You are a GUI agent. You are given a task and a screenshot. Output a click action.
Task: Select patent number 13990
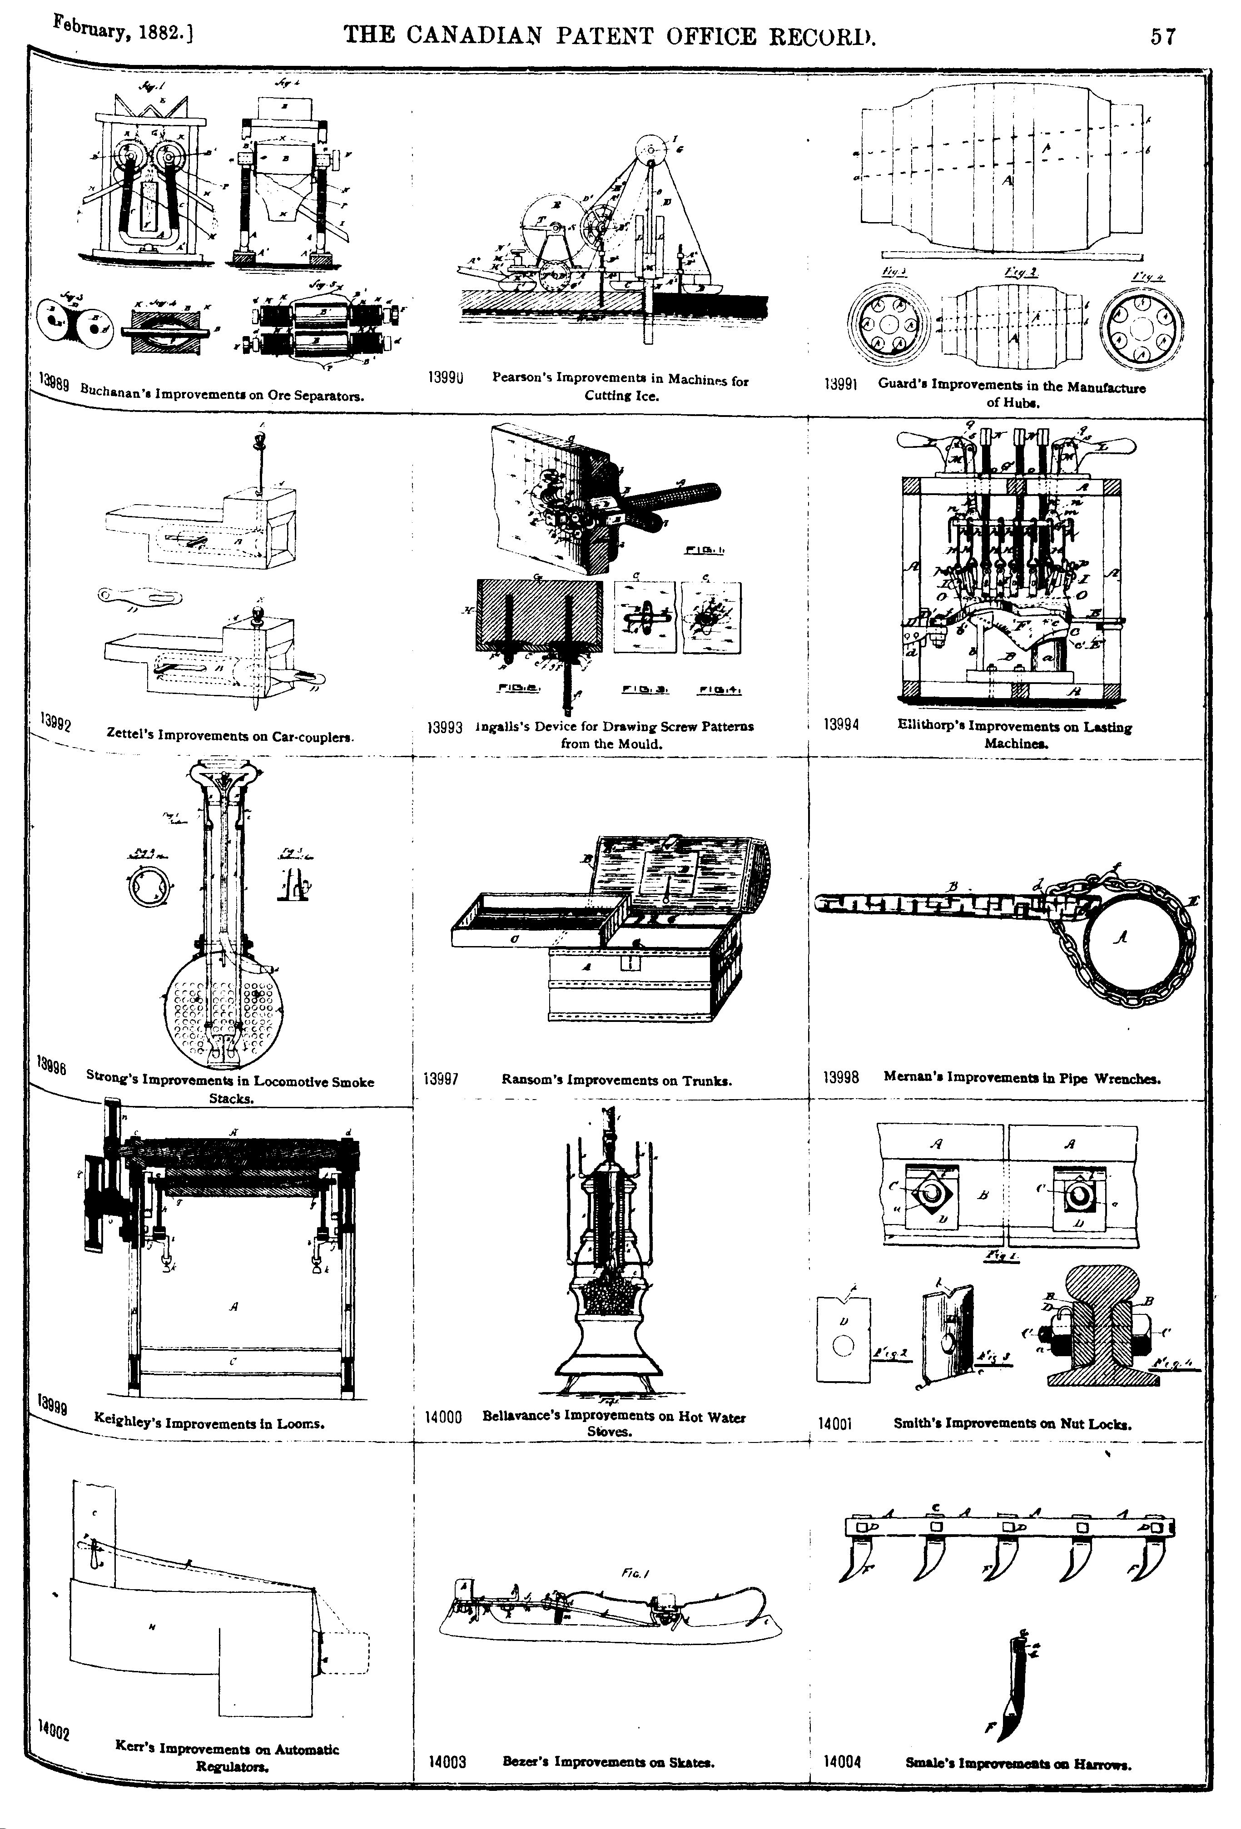click(444, 378)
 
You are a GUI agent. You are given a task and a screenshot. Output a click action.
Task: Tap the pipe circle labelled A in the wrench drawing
click(1122, 938)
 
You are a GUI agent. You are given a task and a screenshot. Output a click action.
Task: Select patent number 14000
click(442, 1418)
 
